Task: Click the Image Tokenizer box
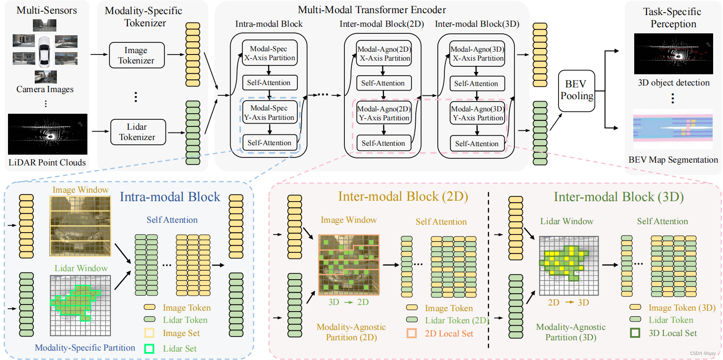[x=136, y=55]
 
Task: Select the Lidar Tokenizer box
[x=136, y=132]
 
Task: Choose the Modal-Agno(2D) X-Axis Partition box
[x=384, y=54]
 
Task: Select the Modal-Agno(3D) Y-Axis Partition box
[x=477, y=113]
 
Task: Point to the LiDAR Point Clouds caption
[x=47, y=163]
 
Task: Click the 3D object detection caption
[x=673, y=83]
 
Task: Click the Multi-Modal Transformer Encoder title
[x=372, y=9]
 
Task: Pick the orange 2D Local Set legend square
[x=412, y=334]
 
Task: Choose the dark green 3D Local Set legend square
[x=635, y=333]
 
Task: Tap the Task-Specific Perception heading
[x=673, y=17]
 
